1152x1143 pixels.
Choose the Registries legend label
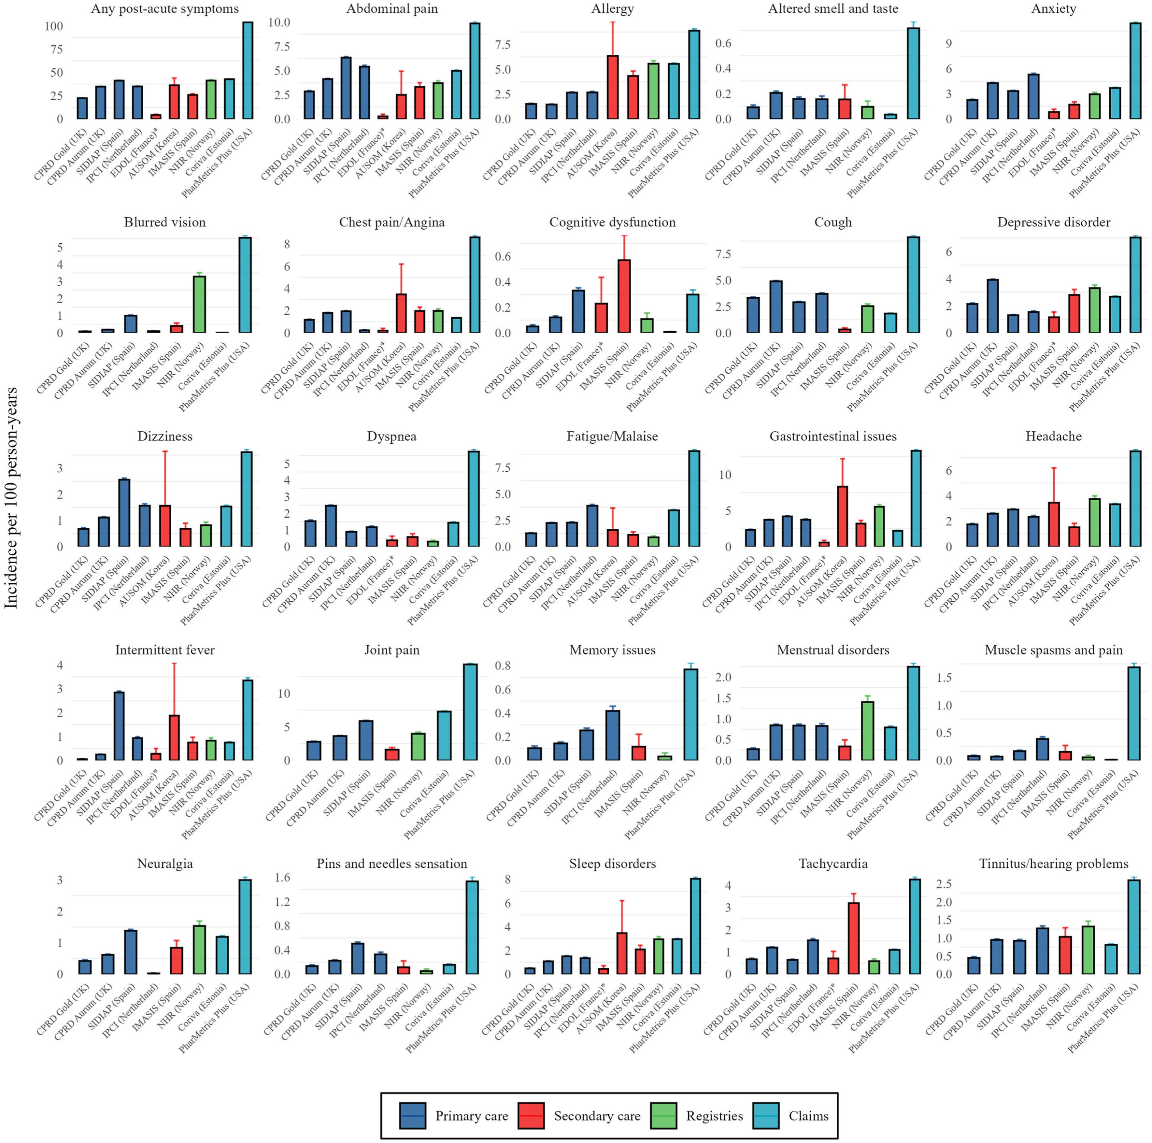714,1115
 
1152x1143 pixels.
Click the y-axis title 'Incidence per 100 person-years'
11,498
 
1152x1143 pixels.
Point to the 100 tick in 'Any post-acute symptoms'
54,26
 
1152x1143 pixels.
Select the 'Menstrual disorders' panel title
832,650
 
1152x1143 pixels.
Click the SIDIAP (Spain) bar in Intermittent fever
119,726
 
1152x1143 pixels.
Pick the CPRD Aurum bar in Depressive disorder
992,306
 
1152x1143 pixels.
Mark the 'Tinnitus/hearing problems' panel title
1053,863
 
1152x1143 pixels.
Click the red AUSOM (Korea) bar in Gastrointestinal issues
842,516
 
